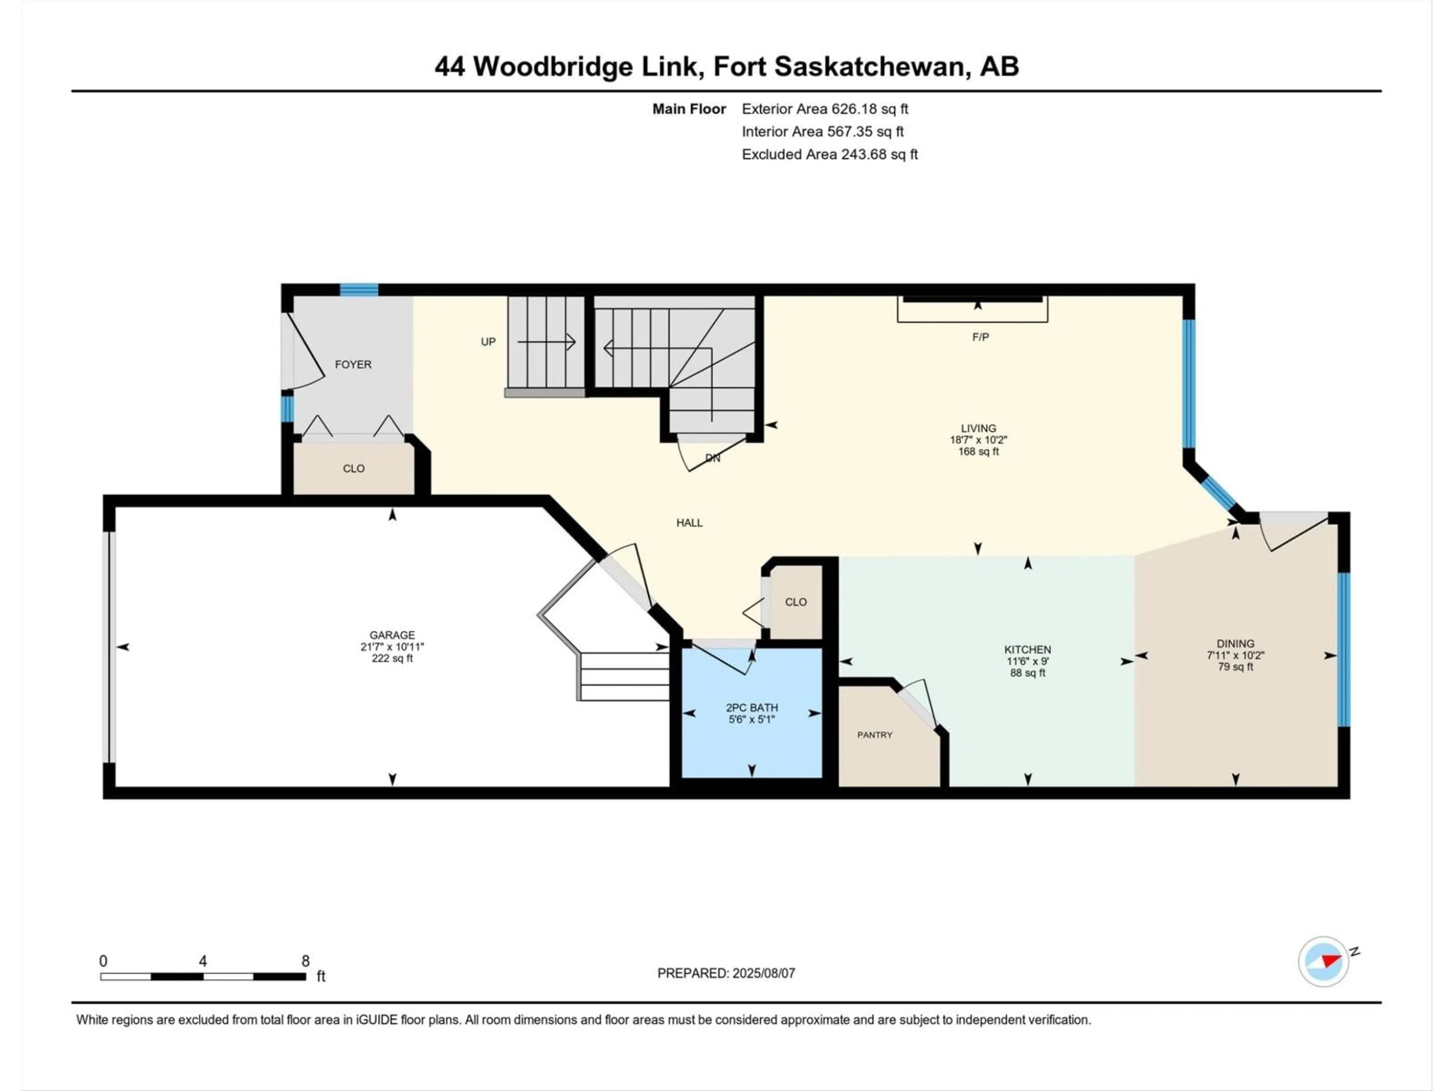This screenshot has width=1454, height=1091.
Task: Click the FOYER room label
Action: click(x=353, y=364)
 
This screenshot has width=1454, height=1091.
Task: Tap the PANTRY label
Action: click(x=874, y=735)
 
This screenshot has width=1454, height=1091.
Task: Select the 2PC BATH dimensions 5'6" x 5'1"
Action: click(x=751, y=719)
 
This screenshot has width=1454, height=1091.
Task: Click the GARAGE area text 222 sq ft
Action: click(x=392, y=658)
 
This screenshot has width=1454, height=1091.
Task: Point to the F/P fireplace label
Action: click(x=980, y=338)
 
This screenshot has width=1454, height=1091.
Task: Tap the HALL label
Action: click(x=689, y=523)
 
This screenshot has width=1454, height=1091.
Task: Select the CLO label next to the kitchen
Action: click(x=796, y=602)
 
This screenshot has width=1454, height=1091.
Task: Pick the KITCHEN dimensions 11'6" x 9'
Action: click(x=1027, y=661)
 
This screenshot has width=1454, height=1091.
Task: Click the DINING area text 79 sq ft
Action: click(x=1235, y=667)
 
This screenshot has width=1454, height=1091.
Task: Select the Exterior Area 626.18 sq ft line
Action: click(x=824, y=109)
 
